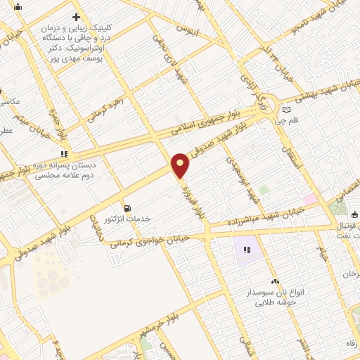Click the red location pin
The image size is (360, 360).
(181, 164)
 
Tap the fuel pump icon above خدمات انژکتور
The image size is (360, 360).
(127, 208)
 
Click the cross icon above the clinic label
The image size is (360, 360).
(76, 16)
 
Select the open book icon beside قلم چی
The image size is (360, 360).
(286, 109)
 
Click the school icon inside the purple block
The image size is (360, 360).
(246, 250)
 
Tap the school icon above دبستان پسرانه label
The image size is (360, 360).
(64, 153)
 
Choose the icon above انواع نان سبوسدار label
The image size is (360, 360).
(275, 281)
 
